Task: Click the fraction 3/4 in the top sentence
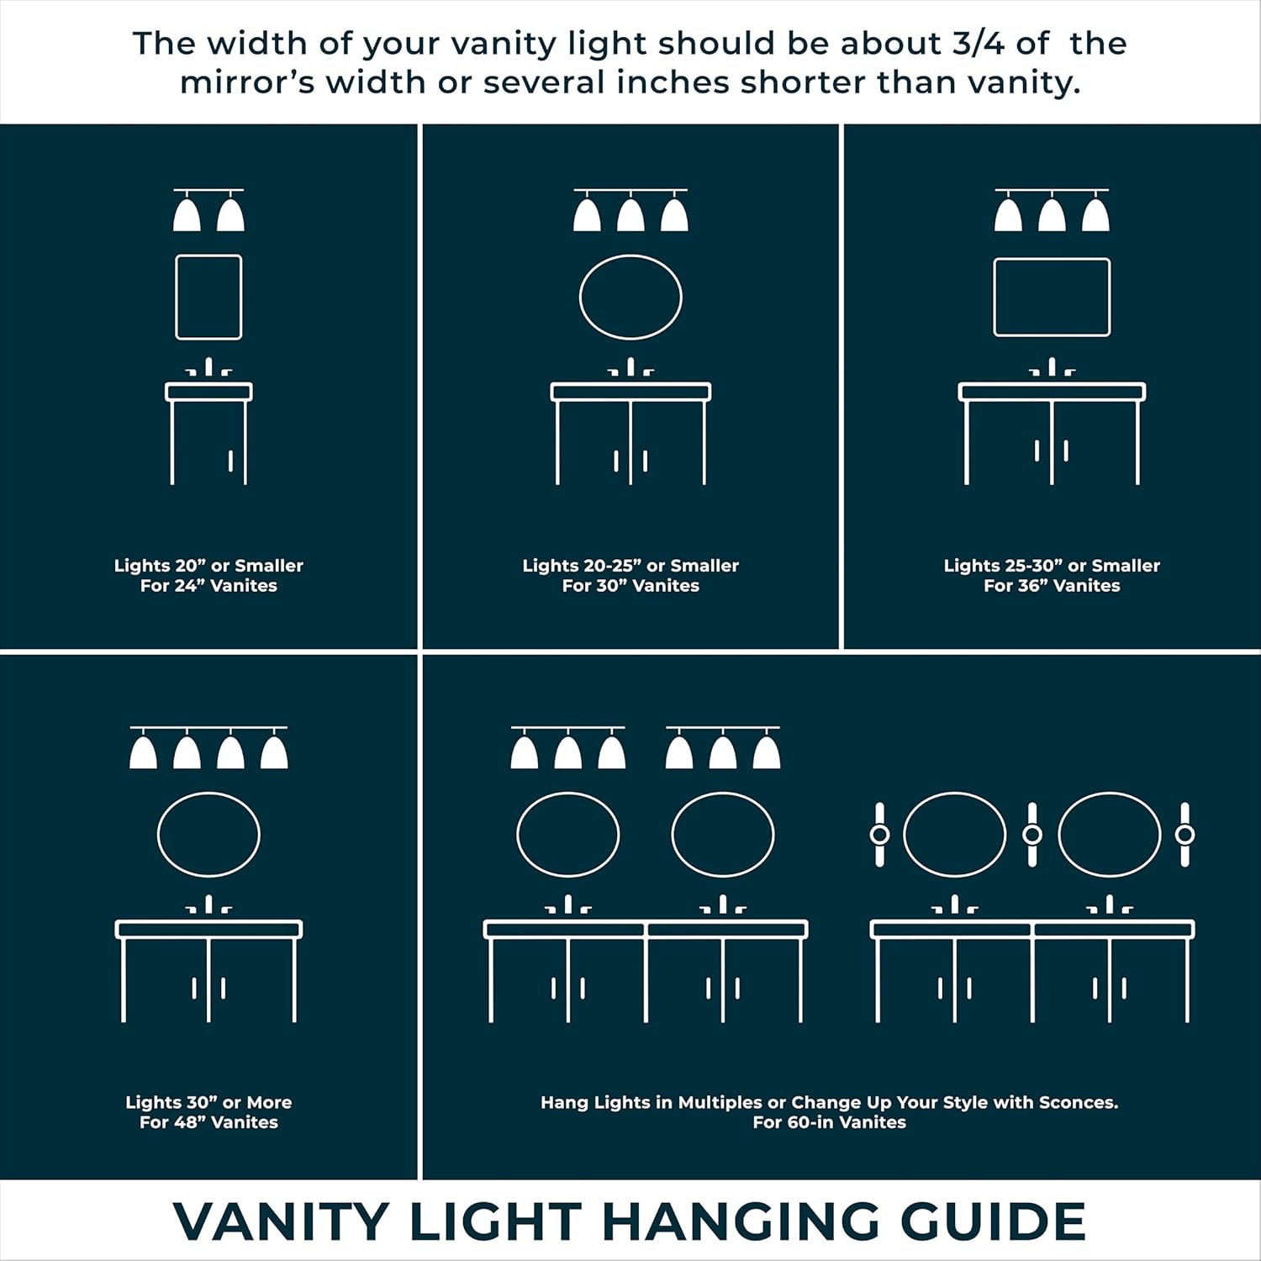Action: pyautogui.click(x=978, y=44)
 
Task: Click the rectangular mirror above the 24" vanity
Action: pyautogui.click(x=208, y=298)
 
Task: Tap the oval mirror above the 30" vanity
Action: pyautogui.click(x=630, y=298)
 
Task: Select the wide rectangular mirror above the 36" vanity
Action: pyautogui.click(x=1052, y=298)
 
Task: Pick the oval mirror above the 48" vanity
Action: pyautogui.click(x=208, y=835)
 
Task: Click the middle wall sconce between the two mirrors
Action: pyautogui.click(x=1031, y=835)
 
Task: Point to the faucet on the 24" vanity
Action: pyautogui.click(x=208, y=368)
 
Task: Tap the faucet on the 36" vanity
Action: pyautogui.click(x=1052, y=368)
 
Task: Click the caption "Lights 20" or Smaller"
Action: pyautogui.click(x=208, y=566)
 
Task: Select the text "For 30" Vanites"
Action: pyautogui.click(x=630, y=586)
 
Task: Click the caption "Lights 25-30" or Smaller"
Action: pyautogui.click(x=1052, y=566)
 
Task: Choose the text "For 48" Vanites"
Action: pyautogui.click(x=208, y=1122)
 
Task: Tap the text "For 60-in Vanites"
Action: pyautogui.click(x=829, y=1122)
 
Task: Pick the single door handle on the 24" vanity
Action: pyautogui.click(x=230, y=461)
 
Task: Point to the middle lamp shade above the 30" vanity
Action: pyautogui.click(x=630, y=215)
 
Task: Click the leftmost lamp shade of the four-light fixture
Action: pyautogui.click(x=143, y=752)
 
